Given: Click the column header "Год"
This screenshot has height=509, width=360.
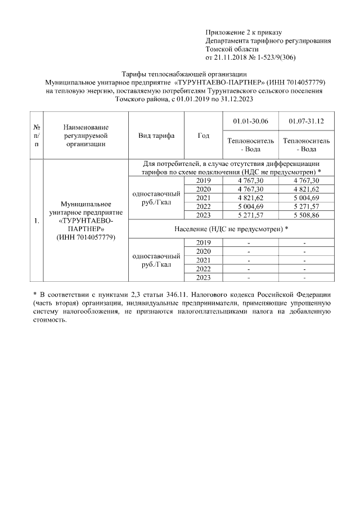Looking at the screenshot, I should [204, 136].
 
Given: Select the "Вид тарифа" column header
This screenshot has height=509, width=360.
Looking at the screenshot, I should [156, 136].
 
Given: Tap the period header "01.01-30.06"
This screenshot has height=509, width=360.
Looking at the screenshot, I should [250, 121].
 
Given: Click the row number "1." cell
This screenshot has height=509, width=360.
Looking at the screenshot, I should [35, 220].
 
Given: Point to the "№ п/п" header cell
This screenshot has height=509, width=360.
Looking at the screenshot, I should [35, 136].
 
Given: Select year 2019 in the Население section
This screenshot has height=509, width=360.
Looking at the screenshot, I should [204, 242].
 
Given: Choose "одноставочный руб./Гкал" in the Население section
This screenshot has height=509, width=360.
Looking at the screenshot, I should [156, 260].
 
